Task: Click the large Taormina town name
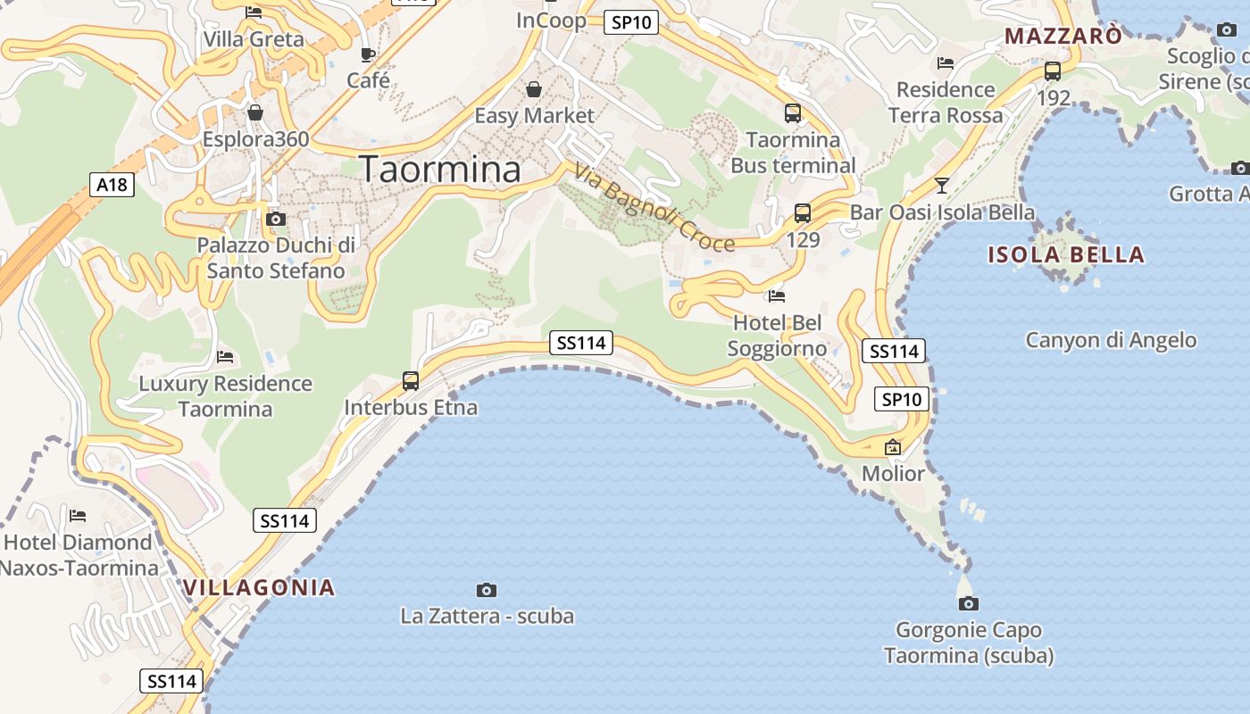pos(439,169)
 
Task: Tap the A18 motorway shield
pos(112,185)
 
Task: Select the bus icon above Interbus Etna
pos(411,381)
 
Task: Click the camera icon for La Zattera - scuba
pos(487,590)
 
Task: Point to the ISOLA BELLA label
pos(1065,254)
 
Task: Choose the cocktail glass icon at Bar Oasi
pos(941,186)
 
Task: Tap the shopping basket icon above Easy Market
pos(534,89)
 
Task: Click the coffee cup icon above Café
pos(367,55)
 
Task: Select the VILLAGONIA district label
pos(259,587)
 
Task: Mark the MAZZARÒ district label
pos(1062,36)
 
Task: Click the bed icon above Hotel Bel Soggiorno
pos(777,295)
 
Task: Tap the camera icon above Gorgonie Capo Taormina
pos(969,603)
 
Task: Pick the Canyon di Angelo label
pos(1111,340)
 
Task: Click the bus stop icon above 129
pos(803,213)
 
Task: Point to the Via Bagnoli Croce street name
pos(654,209)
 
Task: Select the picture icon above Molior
pos(893,447)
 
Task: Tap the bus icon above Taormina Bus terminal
pos(793,113)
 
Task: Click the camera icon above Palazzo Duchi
pos(276,219)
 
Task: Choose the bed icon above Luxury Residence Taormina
pos(225,357)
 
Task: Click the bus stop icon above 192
pos(1053,71)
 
